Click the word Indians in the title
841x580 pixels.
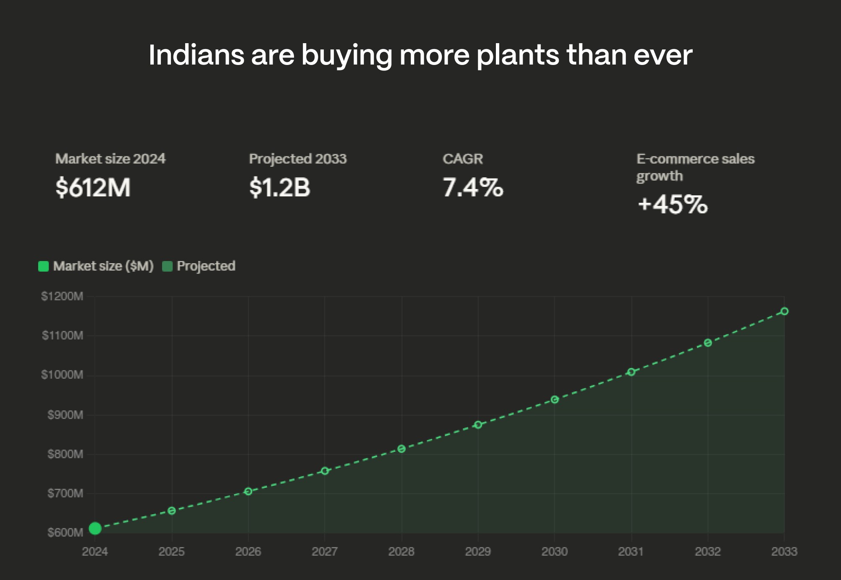tap(196, 55)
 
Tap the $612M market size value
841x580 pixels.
tap(93, 187)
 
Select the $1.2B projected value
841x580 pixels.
tap(279, 187)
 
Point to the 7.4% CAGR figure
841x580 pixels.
tap(472, 187)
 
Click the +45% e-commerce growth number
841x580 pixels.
tap(672, 205)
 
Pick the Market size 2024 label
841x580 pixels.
tap(110, 159)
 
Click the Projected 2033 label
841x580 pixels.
tap(297, 159)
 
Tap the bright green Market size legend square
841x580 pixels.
tap(44, 266)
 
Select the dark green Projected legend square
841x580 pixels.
tap(167, 266)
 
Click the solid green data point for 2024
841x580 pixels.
tap(95, 528)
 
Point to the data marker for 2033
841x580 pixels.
tap(784, 311)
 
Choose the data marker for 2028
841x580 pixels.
tap(401, 449)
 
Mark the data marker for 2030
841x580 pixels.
tap(555, 400)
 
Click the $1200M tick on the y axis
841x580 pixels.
tap(62, 297)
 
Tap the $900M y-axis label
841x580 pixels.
tap(65, 415)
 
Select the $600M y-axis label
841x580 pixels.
tap(65, 533)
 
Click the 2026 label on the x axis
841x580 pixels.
tap(248, 552)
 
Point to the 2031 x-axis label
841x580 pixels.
tap(631, 552)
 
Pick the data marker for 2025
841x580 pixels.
tap(171, 510)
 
